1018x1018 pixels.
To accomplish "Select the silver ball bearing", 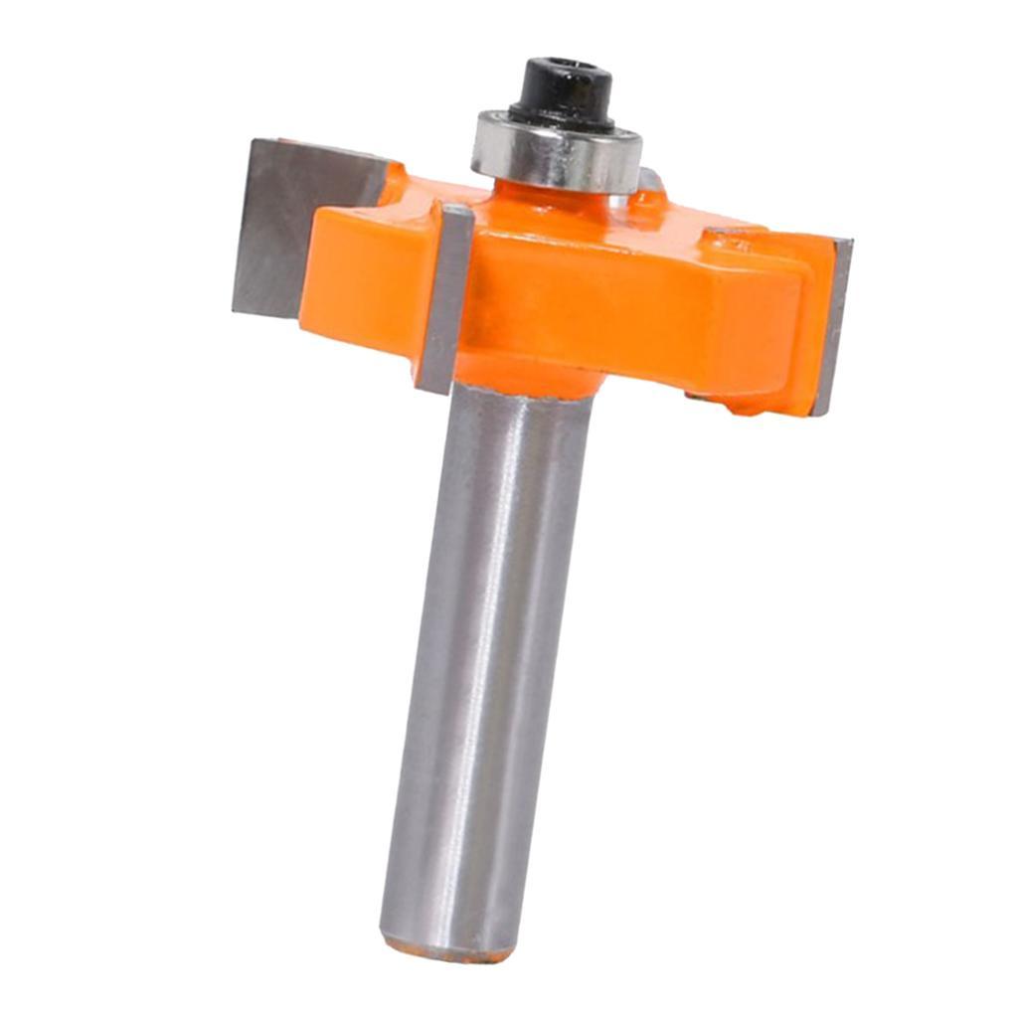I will click(557, 151).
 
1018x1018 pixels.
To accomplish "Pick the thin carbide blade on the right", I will click(833, 323).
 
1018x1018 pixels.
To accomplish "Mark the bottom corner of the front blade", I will click(427, 388).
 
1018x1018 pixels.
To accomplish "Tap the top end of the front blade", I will click(457, 211).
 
